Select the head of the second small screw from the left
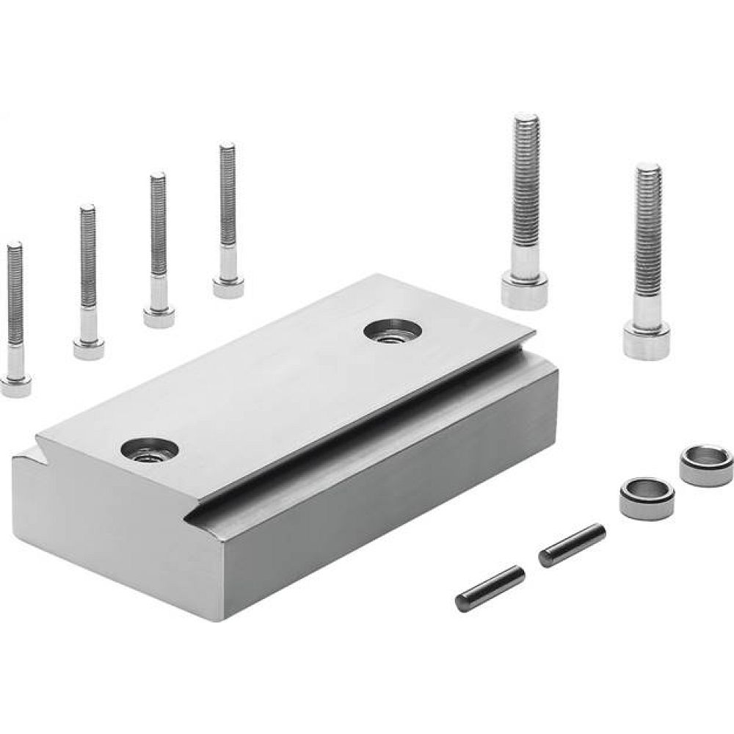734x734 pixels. (89, 346)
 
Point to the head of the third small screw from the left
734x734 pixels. (159, 315)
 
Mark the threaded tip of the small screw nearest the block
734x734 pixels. (227, 150)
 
